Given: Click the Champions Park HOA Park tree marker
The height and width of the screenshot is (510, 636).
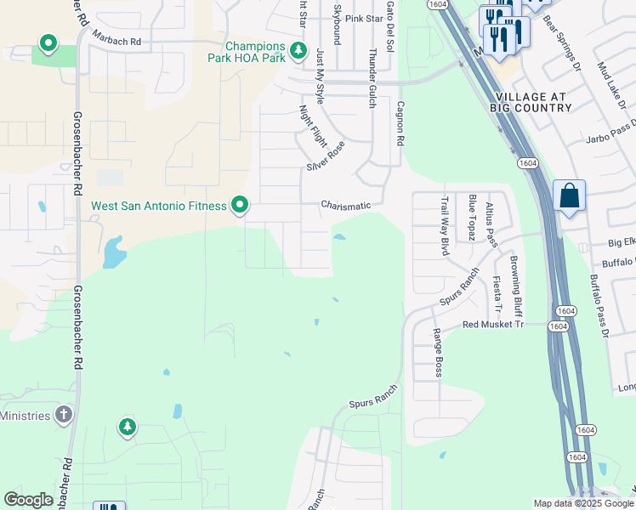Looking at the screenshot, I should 298,51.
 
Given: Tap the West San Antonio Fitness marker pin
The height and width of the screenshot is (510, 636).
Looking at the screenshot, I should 241,205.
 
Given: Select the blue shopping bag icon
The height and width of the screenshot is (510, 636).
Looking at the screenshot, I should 569,195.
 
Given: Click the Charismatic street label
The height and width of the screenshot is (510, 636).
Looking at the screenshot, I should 346,205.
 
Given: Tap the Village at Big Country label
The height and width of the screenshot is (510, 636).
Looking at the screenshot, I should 532,103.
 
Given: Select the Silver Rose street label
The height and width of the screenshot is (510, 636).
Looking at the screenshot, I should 326,156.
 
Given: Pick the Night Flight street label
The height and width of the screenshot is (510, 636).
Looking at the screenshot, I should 313,126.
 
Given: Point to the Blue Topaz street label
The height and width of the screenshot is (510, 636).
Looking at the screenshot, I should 472,218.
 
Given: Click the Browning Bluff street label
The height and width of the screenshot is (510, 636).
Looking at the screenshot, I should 514,280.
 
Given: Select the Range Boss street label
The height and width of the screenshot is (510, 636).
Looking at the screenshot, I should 438,353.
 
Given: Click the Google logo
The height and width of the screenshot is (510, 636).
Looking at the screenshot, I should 28,500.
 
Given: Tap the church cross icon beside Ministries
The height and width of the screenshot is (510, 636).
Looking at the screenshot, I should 63,414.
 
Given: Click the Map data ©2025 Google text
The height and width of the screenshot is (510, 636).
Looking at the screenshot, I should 582,503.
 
